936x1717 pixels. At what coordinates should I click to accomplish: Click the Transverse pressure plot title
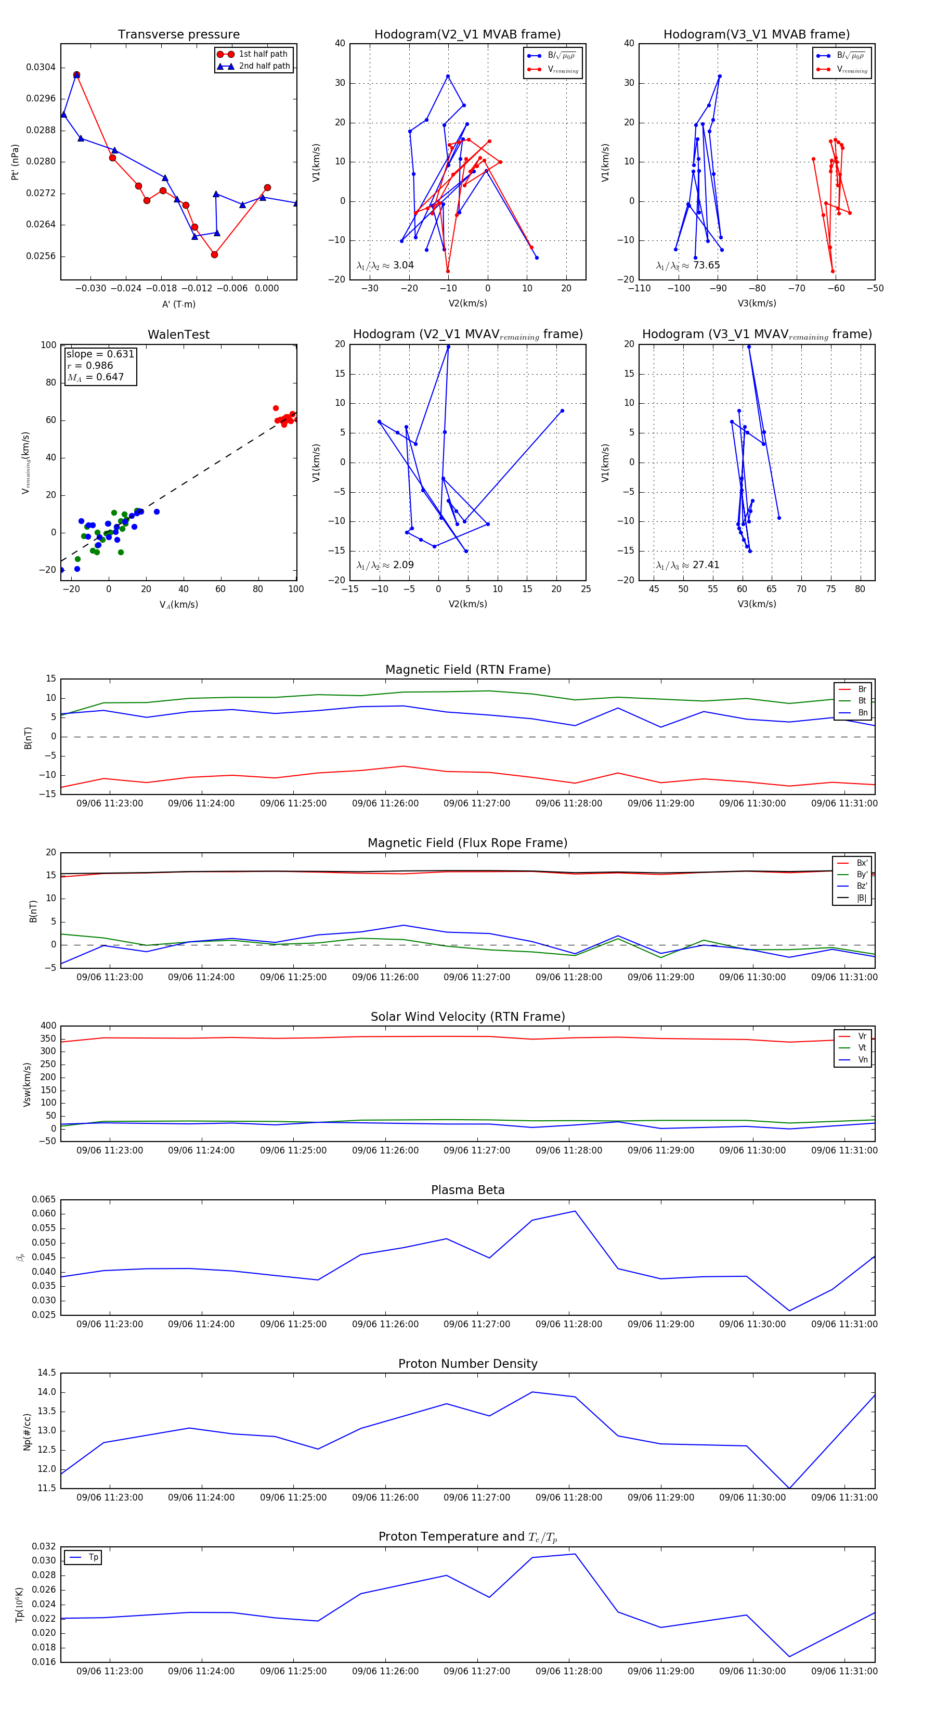[x=178, y=35]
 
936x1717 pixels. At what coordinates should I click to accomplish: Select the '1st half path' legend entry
[x=263, y=54]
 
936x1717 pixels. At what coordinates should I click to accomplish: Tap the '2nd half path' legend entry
[x=264, y=66]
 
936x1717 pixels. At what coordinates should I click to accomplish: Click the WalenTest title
[x=178, y=335]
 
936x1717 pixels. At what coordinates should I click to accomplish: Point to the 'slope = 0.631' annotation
[x=100, y=354]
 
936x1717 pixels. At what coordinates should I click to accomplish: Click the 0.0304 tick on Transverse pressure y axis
[x=41, y=67]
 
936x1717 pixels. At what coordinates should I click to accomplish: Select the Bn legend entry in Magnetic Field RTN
[x=862, y=712]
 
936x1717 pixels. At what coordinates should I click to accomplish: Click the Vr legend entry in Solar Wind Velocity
[x=862, y=1036]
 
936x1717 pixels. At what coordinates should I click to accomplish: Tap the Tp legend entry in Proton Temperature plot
[x=93, y=1557]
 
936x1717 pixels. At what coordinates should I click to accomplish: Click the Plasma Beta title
[x=467, y=1190]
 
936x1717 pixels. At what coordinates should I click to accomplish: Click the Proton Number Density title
[x=467, y=1364]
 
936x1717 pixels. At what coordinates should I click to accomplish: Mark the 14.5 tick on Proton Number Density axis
[x=47, y=1373]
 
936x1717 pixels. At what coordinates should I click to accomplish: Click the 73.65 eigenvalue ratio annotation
[x=706, y=265]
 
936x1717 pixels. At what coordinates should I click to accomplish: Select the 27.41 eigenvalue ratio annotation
[x=706, y=565]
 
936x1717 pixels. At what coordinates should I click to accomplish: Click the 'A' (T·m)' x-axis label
[x=178, y=304]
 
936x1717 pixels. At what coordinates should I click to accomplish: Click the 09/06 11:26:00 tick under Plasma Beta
[x=385, y=1324]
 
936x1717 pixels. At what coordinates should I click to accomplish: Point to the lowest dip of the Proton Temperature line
[x=789, y=1656]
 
